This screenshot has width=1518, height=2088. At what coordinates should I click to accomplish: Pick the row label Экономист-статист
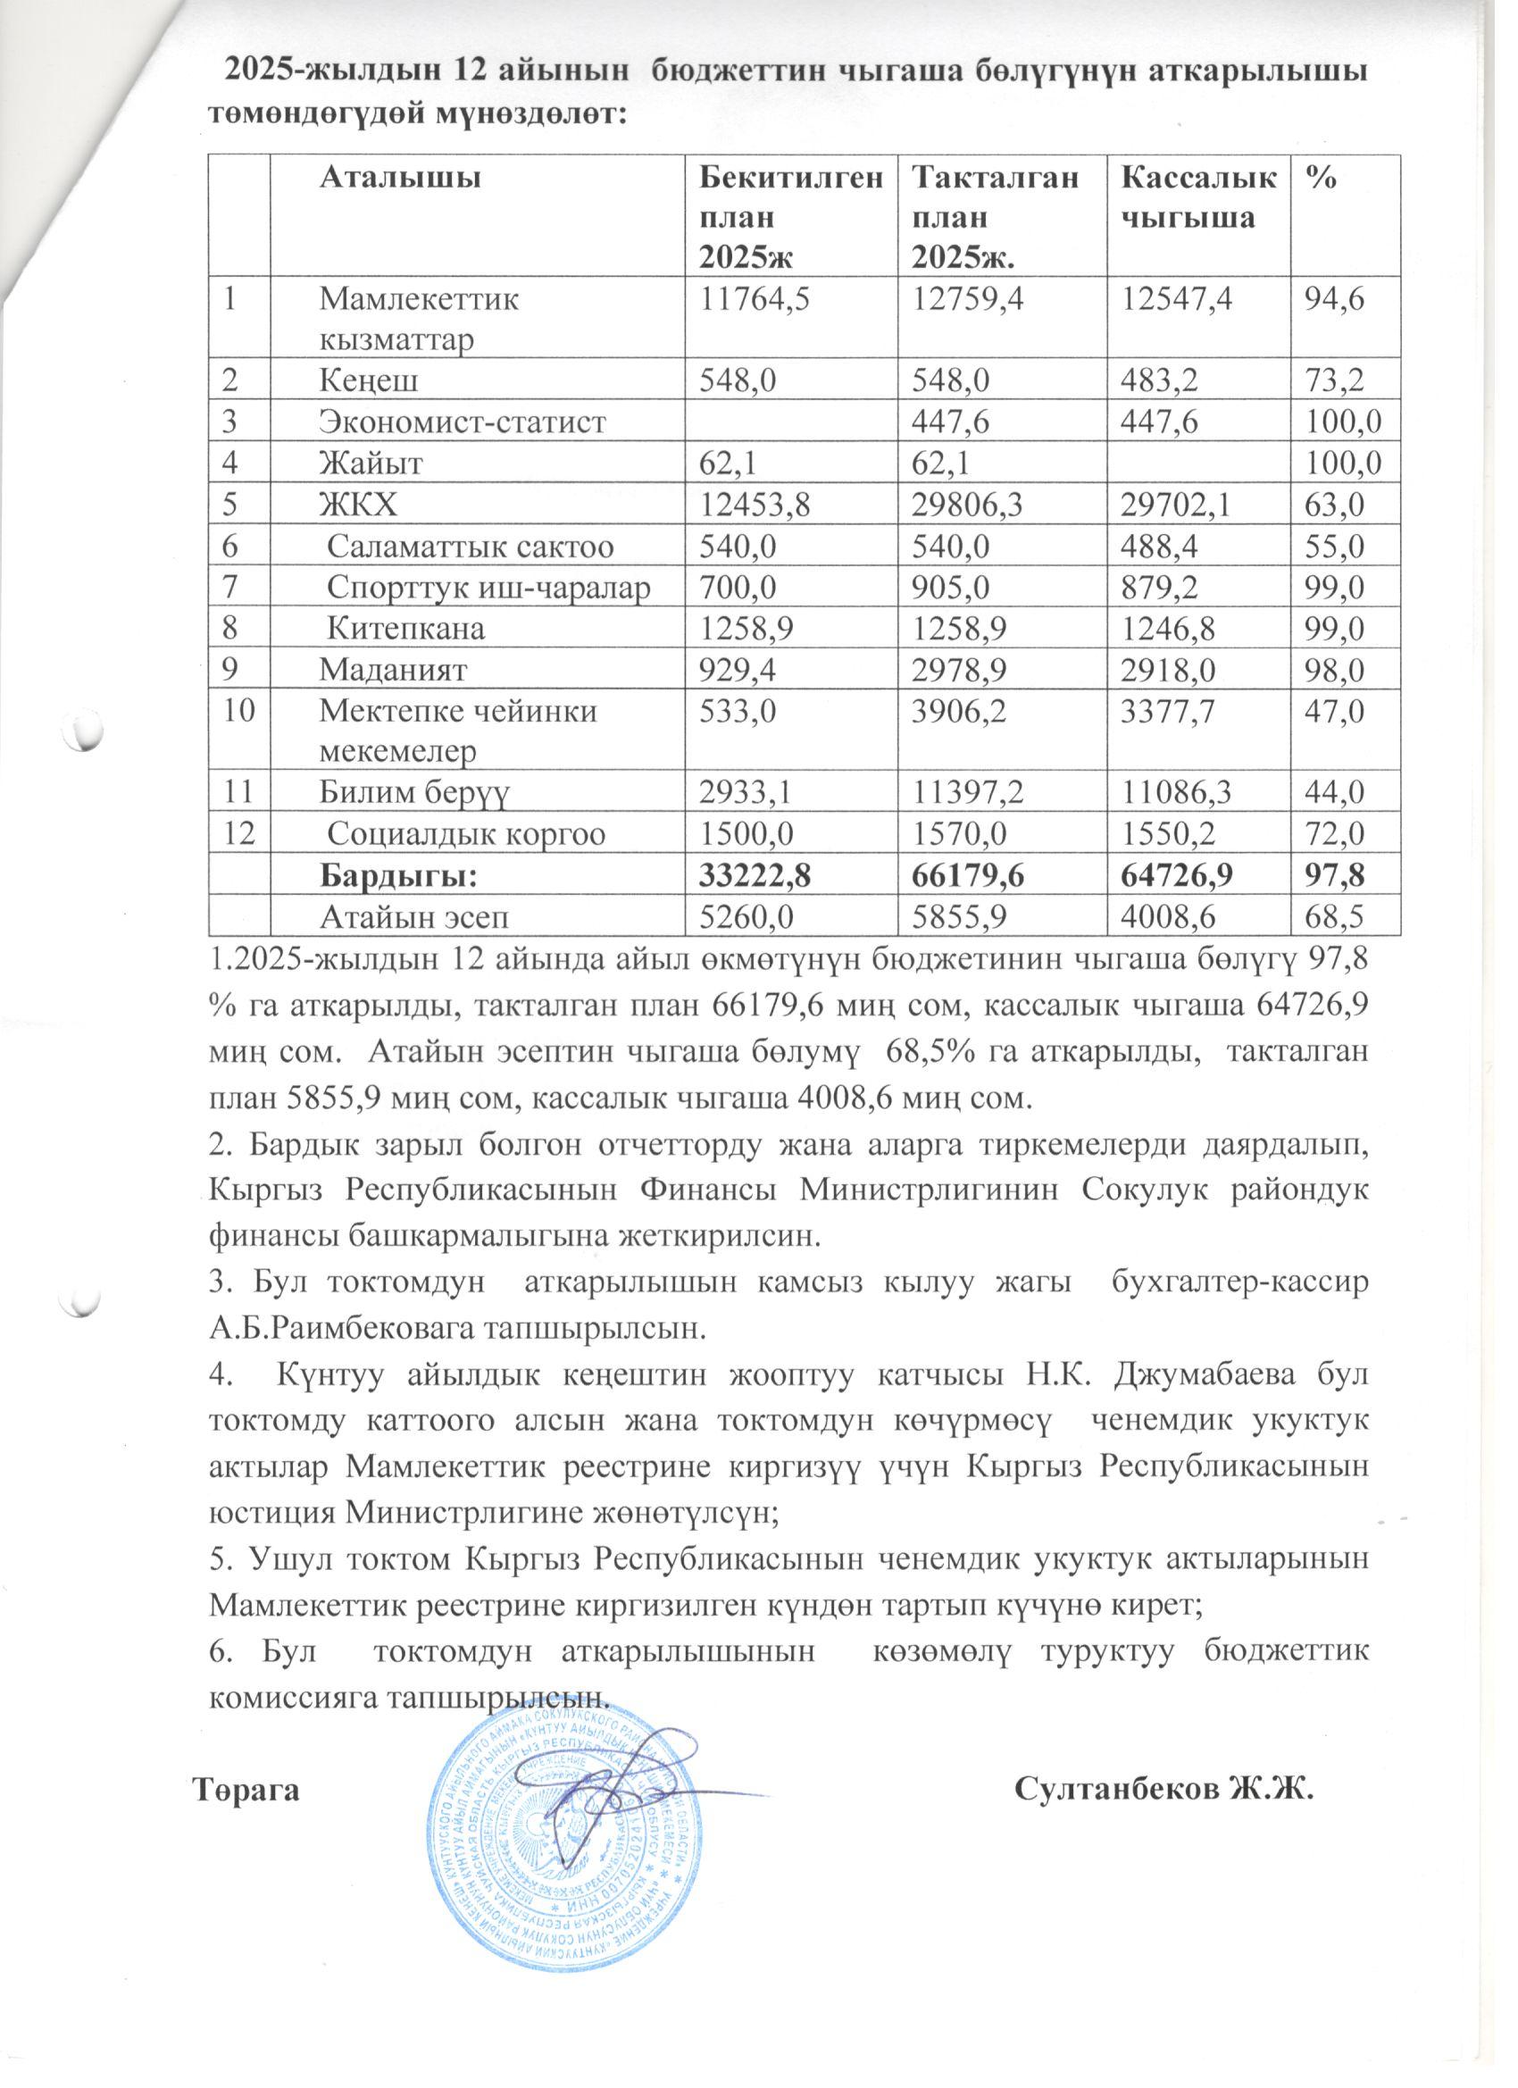(x=463, y=422)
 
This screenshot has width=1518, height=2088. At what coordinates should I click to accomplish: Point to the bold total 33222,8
(x=755, y=875)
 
